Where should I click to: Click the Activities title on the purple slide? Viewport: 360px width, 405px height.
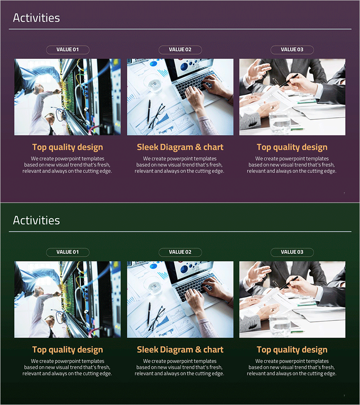pyautogui.click(x=36, y=18)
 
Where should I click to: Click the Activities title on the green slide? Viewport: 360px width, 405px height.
pyautogui.click(x=36, y=220)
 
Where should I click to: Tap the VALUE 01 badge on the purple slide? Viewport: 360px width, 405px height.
pyautogui.click(x=67, y=49)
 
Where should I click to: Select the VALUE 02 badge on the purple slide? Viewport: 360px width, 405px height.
pyautogui.click(x=180, y=49)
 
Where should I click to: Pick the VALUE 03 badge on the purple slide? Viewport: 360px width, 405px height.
pyautogui.click(x=292, y=49)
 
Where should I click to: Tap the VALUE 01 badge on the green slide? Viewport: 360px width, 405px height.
pyautogui.click(x=67, y=252)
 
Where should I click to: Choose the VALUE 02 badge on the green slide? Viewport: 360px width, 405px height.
pyautogui.click(x=180, y=252)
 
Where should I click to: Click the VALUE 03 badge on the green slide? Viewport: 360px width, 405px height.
pyautogui.click(x=292, y=252)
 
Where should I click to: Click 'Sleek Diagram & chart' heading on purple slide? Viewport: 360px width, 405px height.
pyautogui.click(x=180, y=147)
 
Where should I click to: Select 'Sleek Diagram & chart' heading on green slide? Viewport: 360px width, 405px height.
pyautogui.click(x=180, y=350)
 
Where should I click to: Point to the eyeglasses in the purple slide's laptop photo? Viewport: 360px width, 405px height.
pyautogui.click(x=157, y=116)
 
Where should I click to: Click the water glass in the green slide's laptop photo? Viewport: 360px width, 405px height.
pyautogui.click(x=153, y=286)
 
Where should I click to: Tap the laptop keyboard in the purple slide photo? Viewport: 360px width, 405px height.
pyautogui.click(x=194, y=85)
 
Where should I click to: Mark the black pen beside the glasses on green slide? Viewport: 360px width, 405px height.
pyautogui.click(x=149, y=314)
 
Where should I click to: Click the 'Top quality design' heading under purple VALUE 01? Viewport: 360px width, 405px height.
pyautogui.click(x=67, y=147)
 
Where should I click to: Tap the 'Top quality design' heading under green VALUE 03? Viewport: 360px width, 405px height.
pyautogui.click(x=292, y=350)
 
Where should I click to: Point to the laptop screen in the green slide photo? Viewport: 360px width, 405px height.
pyautogui.click(x=193, y=270)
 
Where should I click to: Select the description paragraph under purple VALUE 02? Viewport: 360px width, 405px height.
pyautogui.click(x=180, y=165)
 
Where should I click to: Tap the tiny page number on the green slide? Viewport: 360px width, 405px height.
pyautogui.click(x=344, y=396)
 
